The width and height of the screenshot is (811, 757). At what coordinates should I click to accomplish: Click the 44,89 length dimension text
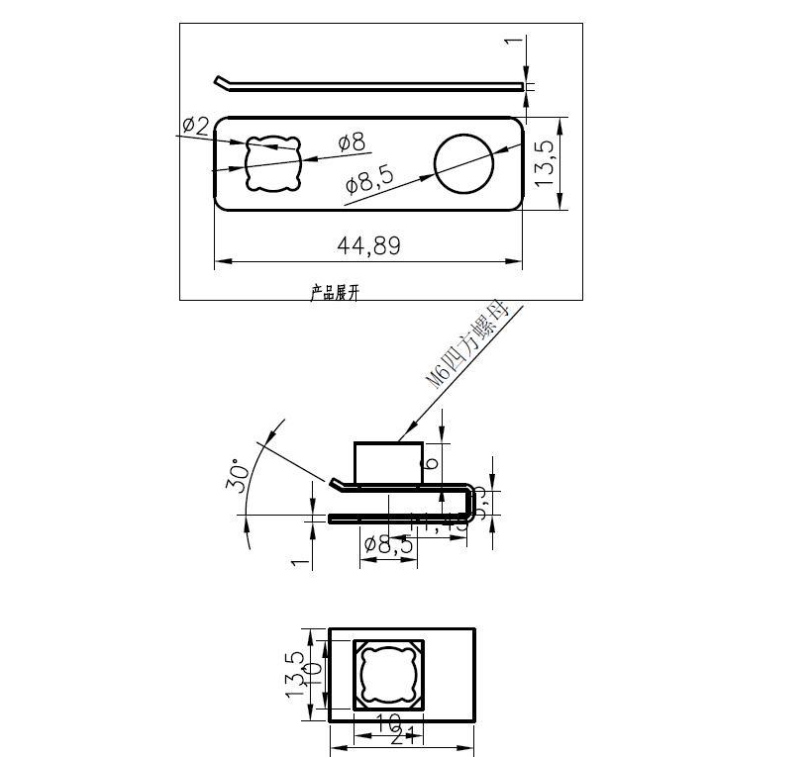point(368,245)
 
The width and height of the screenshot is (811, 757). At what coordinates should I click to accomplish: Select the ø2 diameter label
point(195,126)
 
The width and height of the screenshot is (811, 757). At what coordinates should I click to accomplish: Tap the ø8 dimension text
point(352,142)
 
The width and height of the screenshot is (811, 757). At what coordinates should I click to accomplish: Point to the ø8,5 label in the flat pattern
point(368,179)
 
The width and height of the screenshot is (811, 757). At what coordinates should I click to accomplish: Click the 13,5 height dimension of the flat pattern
point(546,158)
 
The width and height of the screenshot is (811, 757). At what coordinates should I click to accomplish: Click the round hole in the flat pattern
point(463,163)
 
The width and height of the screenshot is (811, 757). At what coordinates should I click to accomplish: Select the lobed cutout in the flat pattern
point(271,163)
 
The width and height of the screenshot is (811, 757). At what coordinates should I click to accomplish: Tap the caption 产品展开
point(335,293)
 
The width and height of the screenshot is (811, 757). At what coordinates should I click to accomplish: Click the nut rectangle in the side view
point(389,462)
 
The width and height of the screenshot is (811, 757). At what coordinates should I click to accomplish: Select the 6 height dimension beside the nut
point(431,463)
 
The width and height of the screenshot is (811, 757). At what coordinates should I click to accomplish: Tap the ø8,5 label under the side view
point(388,543)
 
